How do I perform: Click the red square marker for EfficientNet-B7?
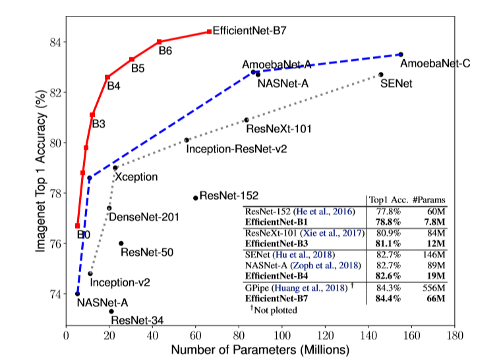point(209,32)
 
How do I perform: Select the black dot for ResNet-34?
point(111,311)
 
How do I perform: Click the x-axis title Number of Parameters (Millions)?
point(259,349)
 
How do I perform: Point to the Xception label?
point(136,177)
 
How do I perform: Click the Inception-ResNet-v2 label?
point(237,149)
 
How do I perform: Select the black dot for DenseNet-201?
point(109,208)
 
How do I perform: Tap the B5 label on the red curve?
point(138,67)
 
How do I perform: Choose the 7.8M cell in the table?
point(434,222)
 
